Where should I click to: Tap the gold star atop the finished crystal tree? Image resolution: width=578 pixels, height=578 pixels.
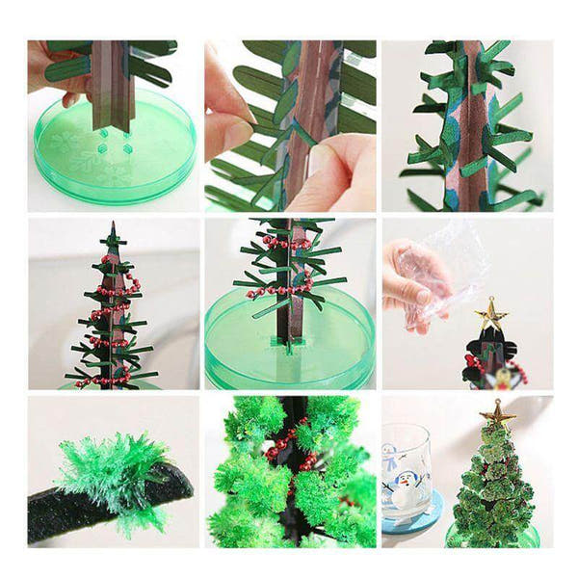[497, 413]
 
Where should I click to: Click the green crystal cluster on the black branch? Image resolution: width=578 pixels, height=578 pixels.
[106, 472]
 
